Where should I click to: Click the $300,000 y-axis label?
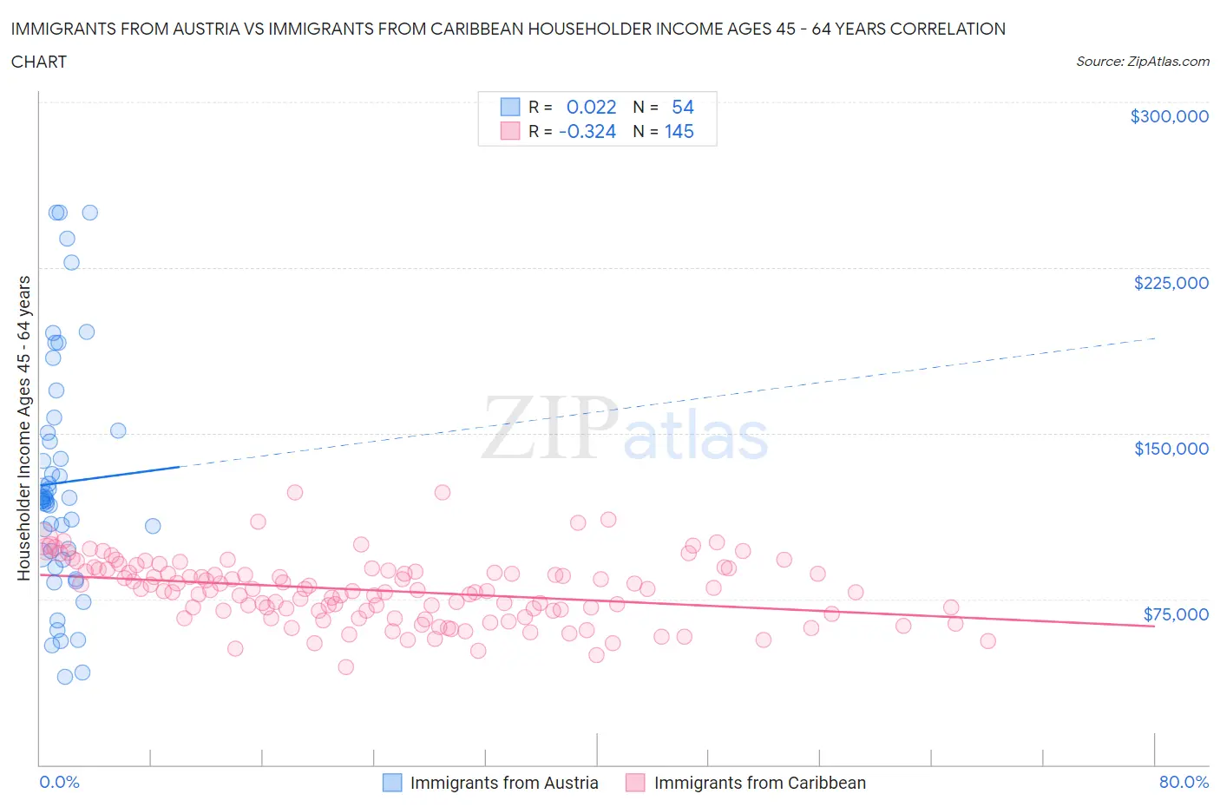pyautogui.click(x=1169, y=116)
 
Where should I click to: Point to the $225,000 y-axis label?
pyautogui.click(x=1171, y=283)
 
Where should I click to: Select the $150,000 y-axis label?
pyautogui.click(x=1171, y=449)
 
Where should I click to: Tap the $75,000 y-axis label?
pyautogui.click(x=1176, y=614)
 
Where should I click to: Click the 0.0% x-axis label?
pyautogui.click(x=59, y=782)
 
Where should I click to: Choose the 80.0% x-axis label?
pyautogui.click(x=1184, y=782)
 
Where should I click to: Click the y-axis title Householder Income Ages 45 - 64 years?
pyautogui.click(x=24, y=428)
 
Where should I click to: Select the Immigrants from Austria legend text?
pyautogui.click(x=504, y=783)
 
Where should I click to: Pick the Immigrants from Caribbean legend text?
pyautogui.click(x=759, y=783)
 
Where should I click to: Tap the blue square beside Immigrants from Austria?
pyautogui.click(x=392, y=783)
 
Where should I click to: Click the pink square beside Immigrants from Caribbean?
pyautogui.click(x=635, y=783)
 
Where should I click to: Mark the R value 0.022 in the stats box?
pyautogui.click(x=591, y=107)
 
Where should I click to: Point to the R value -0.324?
pyautogui.click(x=587, y=131)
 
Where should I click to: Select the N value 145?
pyautogui.click(x=679, y=131)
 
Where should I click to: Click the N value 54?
pyautogui.click(x=682, y=107)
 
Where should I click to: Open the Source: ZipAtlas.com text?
pyautogui.click(x=1142, y=62)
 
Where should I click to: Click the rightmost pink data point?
pyautogui.click(x=987, y=641)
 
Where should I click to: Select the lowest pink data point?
pyautogui.click(x=345, y=666)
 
